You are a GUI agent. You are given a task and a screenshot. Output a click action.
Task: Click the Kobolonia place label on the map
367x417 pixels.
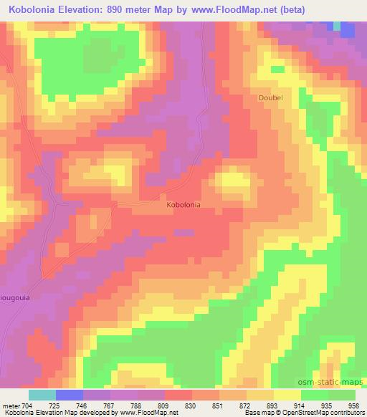(183, 204)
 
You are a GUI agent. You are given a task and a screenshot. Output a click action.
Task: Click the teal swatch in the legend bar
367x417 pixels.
(42, 395)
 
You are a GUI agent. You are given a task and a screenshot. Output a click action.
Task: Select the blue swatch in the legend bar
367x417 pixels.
(70, 395)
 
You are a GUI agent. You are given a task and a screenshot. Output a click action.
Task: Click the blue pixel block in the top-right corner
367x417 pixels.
(348, 29)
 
